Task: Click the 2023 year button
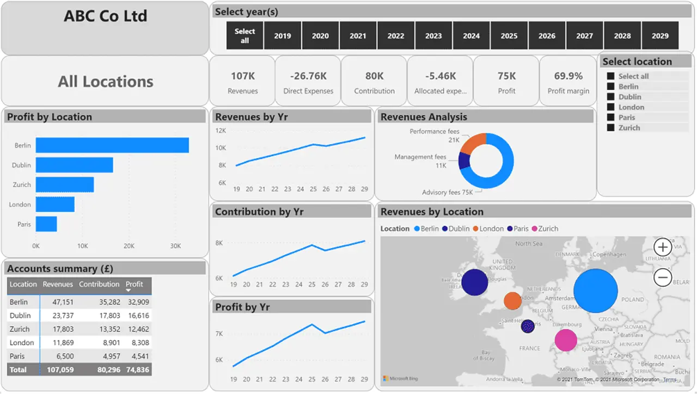coord(433,36)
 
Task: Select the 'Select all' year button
coord(244,36)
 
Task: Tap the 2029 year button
coord(660,36)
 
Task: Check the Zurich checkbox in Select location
coord(610,128)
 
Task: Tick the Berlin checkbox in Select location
coord(610,87)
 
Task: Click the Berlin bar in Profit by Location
coord(112,145)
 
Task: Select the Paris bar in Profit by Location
coord(46,224)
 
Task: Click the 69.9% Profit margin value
coord(568,76)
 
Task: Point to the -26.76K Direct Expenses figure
coord(308,76)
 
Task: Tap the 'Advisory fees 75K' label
coord(447,192)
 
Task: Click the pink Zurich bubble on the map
coord(566,340)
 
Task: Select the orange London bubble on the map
coord(512,300)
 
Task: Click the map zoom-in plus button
coord(662,248)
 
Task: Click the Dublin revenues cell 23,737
coord(58,316)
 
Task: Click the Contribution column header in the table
coord(99,284)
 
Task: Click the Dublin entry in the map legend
coord(455,229)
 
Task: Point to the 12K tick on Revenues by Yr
coord(221,131)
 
